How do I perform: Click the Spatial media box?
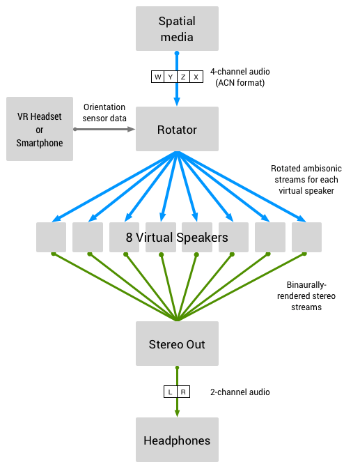[177, 28]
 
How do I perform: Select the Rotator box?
[177, 129]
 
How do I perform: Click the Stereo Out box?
[177, 344]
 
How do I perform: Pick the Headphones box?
[177, 440]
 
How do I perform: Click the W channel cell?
[158, 77]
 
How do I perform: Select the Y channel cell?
[171, 77]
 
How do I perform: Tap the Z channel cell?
[183, 77]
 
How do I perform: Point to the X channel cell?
[196, 77]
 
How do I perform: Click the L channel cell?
[170, 392]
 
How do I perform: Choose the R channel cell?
[183, 392]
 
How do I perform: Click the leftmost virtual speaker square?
[51, 237]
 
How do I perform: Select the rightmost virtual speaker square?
[306, 237]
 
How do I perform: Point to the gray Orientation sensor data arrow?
[104, 129]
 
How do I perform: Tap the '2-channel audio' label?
[240, 392]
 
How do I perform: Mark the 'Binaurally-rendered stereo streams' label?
[311, 295]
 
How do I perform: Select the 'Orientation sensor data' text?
[104, 112]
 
